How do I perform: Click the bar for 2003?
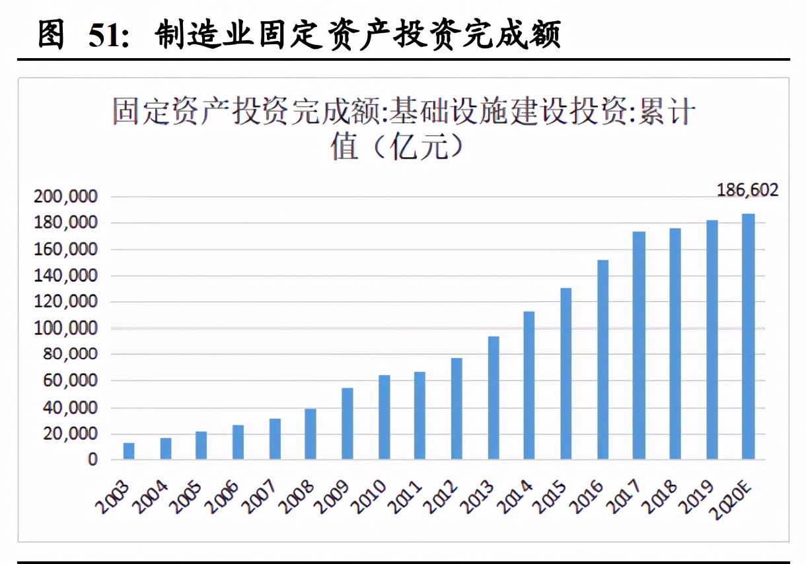129,451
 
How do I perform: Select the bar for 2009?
347,423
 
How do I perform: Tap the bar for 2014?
529,385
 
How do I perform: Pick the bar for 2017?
638,345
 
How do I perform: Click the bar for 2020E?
747,337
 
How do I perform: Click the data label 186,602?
747,191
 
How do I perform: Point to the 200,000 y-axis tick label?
65,197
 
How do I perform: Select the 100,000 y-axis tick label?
65,328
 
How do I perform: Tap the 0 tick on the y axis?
92,460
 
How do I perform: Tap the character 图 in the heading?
51,34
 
